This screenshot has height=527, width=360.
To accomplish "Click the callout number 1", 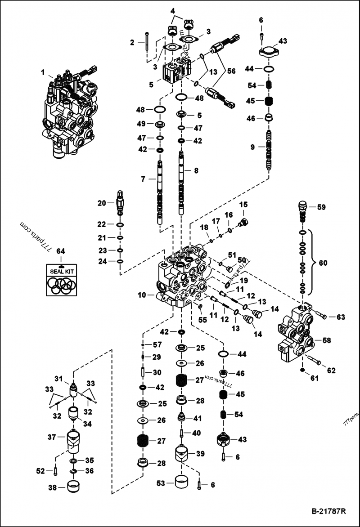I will (43, 72).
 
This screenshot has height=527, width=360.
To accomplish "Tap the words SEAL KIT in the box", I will (62, 272).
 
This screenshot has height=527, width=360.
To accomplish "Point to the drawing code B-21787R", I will (328, 512).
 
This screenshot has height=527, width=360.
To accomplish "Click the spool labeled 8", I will (181, 184).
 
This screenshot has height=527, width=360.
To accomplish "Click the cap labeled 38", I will (74, 487).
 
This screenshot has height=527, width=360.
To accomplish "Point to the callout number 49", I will (141, 124).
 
